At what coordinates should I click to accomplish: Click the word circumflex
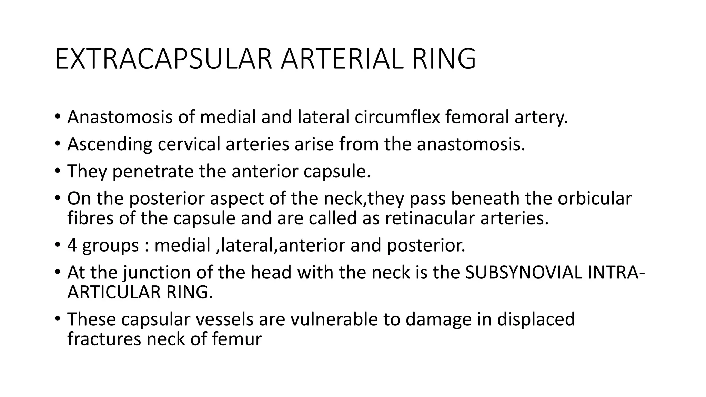pos(397,117)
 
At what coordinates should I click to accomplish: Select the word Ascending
pos(110,144)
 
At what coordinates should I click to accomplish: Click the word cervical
pos(189,144)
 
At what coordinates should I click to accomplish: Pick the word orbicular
pos(595,198)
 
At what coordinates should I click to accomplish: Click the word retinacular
pos(430,218)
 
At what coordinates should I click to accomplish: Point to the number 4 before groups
pos(72,246)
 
